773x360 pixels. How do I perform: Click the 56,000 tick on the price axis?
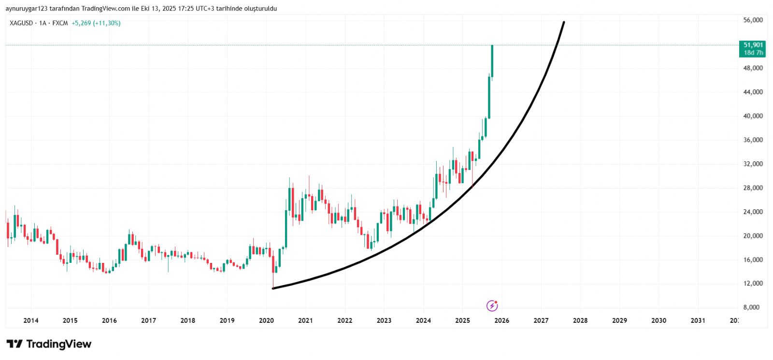pos(753,20)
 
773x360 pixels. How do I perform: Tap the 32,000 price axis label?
pos(753,164)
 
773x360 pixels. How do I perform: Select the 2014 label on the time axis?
pos(31,320)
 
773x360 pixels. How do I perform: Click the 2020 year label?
pos(266,320)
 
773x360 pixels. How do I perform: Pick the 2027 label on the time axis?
pos(541,320)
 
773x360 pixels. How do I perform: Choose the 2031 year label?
pos(698,320)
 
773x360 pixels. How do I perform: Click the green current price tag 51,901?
pos(753,45)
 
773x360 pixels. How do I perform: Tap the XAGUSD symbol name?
pos(21,23)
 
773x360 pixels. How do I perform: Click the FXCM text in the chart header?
pos(60,23)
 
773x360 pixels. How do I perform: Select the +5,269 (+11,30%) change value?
pos(96,23)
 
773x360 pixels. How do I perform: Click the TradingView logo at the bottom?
pos(49,344)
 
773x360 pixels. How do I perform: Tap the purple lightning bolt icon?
pos(492,305)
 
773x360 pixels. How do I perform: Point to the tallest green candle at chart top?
pos(492,60)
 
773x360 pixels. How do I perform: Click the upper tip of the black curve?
pos(564,22)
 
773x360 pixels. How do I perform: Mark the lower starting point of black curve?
pos(273,288)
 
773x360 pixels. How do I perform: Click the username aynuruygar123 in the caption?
pos(26,9)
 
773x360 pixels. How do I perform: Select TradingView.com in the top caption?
pos(106,9)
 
